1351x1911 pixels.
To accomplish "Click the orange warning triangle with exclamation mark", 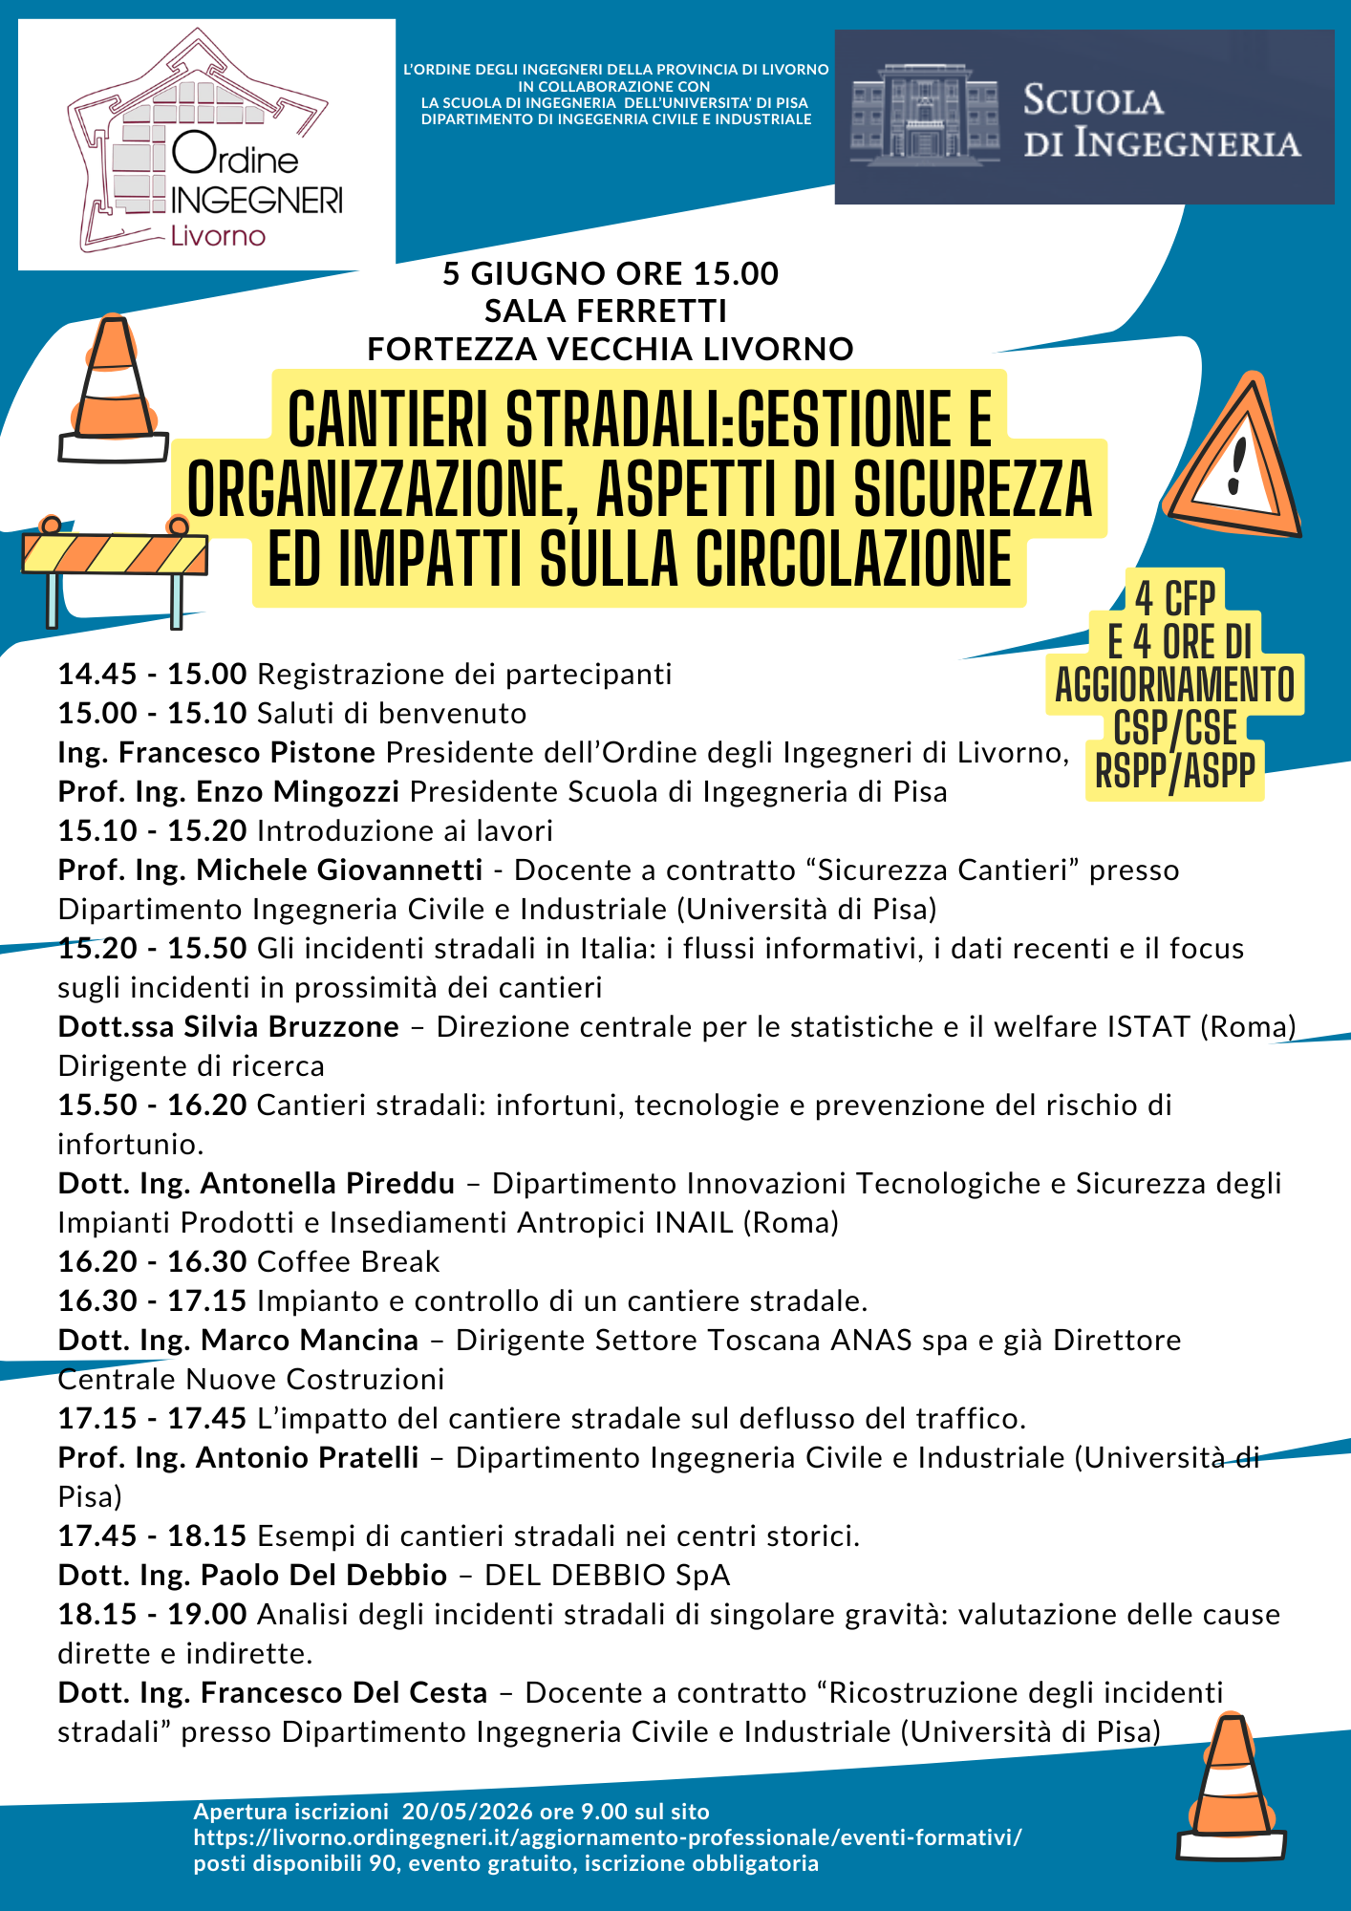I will [1233, 459].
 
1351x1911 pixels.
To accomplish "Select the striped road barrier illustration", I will [115, 569].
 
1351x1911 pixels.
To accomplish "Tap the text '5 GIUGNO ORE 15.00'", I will [611, 274].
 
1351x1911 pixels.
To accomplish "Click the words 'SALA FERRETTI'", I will [606, 311].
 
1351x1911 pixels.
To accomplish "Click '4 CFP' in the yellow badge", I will [1174, 599].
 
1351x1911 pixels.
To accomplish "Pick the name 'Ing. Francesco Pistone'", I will [216, 753].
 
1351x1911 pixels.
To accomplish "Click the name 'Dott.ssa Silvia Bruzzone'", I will [228, 1027].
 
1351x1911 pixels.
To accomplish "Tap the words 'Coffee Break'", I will [349, 1262].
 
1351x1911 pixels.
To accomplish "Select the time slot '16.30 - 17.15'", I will [152, 1301].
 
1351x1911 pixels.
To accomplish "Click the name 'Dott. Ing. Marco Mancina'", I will [238, 1341].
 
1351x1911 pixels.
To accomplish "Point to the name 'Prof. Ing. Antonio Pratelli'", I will [238, 1458].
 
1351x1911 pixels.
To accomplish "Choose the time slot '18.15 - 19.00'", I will [152, 1615].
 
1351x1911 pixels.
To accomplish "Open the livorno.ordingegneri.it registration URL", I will [608, 1837].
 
